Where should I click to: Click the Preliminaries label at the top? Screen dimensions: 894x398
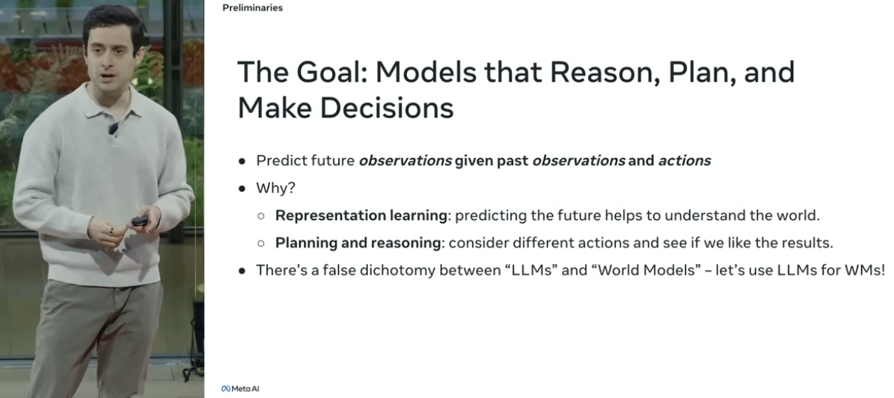coord(252,8)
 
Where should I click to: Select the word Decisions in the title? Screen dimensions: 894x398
coord(387,107)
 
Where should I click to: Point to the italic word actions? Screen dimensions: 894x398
coord(685,161)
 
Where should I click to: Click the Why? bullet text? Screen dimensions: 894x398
coord(276,189)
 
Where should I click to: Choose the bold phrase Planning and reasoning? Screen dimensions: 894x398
coord(358,243)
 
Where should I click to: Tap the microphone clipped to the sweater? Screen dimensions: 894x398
coord(113,128)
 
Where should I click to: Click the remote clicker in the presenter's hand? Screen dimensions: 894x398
coord(140,221)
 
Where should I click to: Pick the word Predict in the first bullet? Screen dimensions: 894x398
coord(276,161)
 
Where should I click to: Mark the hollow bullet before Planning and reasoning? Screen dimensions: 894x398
coord(261,243)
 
